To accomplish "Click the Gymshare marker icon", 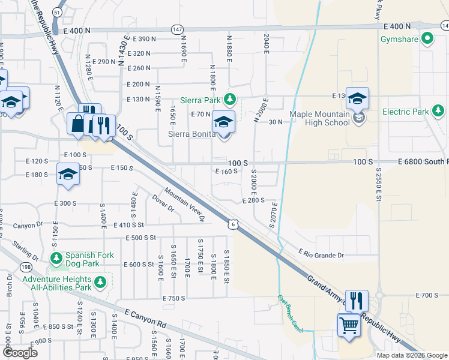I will [427, 40].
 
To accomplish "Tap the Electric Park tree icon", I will [438, 111].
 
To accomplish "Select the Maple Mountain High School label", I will [319, 118].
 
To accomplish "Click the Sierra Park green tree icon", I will [228, 99].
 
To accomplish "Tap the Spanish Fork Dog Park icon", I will [56, 259].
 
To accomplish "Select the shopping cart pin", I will [348, 326].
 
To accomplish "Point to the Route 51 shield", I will [56, 12].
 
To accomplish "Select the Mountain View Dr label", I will [185, 205].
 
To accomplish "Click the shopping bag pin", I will [79, 124].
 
